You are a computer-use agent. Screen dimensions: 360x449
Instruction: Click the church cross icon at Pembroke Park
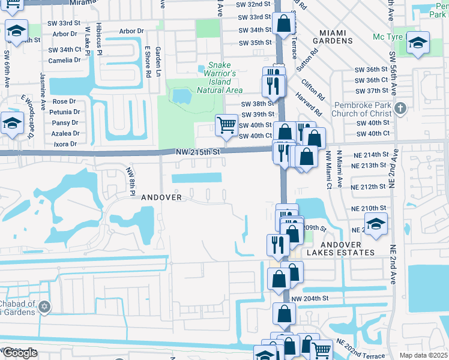coord(402,109)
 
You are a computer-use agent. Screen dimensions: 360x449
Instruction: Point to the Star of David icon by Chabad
coord(43,307)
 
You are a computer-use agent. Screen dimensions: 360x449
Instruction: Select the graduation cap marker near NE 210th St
coord(376,224)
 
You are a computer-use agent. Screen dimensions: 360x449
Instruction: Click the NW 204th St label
coord(310,298)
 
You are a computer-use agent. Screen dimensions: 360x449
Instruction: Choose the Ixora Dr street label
coord(65,144)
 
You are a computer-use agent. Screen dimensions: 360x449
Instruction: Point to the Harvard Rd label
coord(312,103)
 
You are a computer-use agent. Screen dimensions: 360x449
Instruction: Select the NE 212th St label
coord(369,187)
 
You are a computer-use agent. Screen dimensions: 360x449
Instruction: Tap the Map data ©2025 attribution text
coord(423,355)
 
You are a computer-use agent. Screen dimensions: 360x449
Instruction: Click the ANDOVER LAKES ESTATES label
coord(349,249)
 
